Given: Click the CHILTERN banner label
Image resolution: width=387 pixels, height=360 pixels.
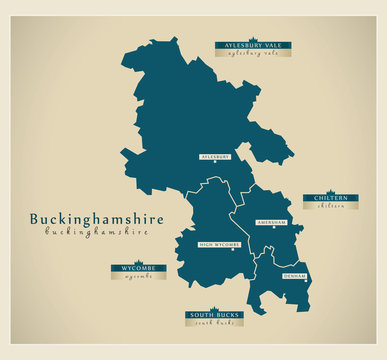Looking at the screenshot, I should point(331,198).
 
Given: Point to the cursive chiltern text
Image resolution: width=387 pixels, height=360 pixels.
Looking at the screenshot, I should point(331,207).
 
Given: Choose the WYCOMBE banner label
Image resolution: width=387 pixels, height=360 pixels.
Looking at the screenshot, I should point(139,268).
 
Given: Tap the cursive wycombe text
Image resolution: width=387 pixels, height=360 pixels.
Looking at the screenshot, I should point(139,277).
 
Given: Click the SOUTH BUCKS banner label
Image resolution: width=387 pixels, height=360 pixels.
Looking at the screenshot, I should point(213,315).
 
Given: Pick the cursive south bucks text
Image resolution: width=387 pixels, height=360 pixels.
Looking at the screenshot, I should point(213,324).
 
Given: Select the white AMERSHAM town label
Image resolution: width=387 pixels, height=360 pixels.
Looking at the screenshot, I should point(271,222).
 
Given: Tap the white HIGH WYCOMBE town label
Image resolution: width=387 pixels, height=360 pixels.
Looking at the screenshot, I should point(220,244).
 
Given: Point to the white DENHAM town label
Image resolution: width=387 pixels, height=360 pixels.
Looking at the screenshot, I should point(294,275).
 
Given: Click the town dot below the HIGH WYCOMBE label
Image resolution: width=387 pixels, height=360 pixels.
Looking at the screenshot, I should point(234,250).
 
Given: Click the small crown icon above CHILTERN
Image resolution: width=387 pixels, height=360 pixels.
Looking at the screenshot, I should point(331,191).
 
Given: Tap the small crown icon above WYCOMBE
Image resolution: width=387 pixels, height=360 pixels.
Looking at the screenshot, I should point(139,261).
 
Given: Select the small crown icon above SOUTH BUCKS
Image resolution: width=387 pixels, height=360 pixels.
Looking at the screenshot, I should point(213,308).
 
